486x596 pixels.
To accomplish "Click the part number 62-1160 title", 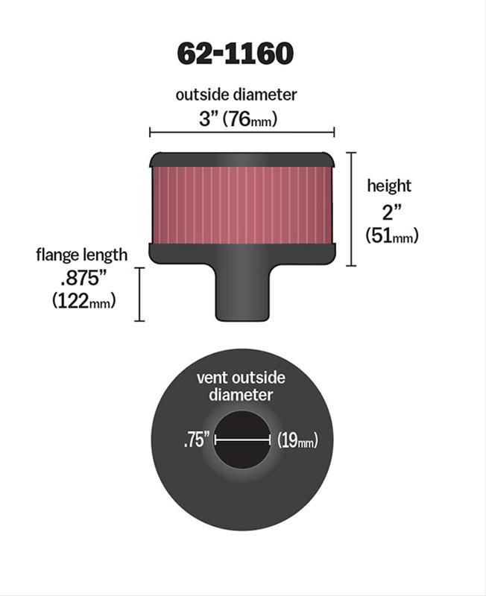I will [x=235, y=53].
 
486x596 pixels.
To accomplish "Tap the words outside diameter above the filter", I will [x=236, y=95].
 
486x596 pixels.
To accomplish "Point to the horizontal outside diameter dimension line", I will [x=242, y=133].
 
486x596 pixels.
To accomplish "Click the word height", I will [x=388, y=186].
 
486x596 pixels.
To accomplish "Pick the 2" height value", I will [x=388, y=211].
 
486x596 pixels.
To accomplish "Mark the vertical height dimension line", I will [x=352, y=209].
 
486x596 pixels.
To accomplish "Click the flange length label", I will [x=81, y=255].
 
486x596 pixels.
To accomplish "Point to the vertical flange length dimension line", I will [x=139, y=294].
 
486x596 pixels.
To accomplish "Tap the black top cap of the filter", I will [x=242, y=159].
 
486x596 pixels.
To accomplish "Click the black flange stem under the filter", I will [x=242, y=294].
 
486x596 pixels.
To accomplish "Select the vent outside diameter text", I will [x=240, y=386].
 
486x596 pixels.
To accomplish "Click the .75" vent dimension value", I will [x=195, y=440].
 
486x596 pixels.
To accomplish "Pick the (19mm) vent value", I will [x=297, y=440].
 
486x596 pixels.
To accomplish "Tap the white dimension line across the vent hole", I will [x=242, y=440].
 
